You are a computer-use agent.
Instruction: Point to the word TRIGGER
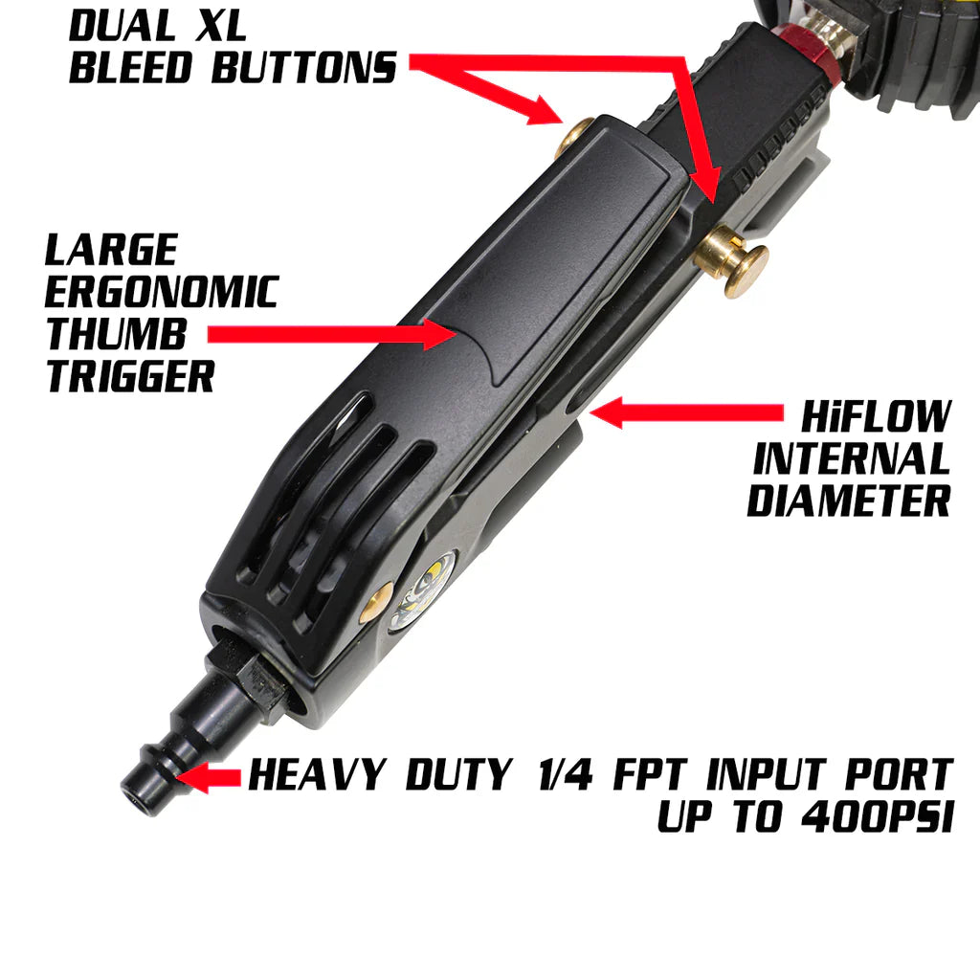point(130,376)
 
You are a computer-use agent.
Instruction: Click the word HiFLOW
point(876,417)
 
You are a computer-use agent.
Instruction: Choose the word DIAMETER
point(849,501)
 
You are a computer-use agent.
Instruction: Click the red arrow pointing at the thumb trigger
point(330,334)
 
